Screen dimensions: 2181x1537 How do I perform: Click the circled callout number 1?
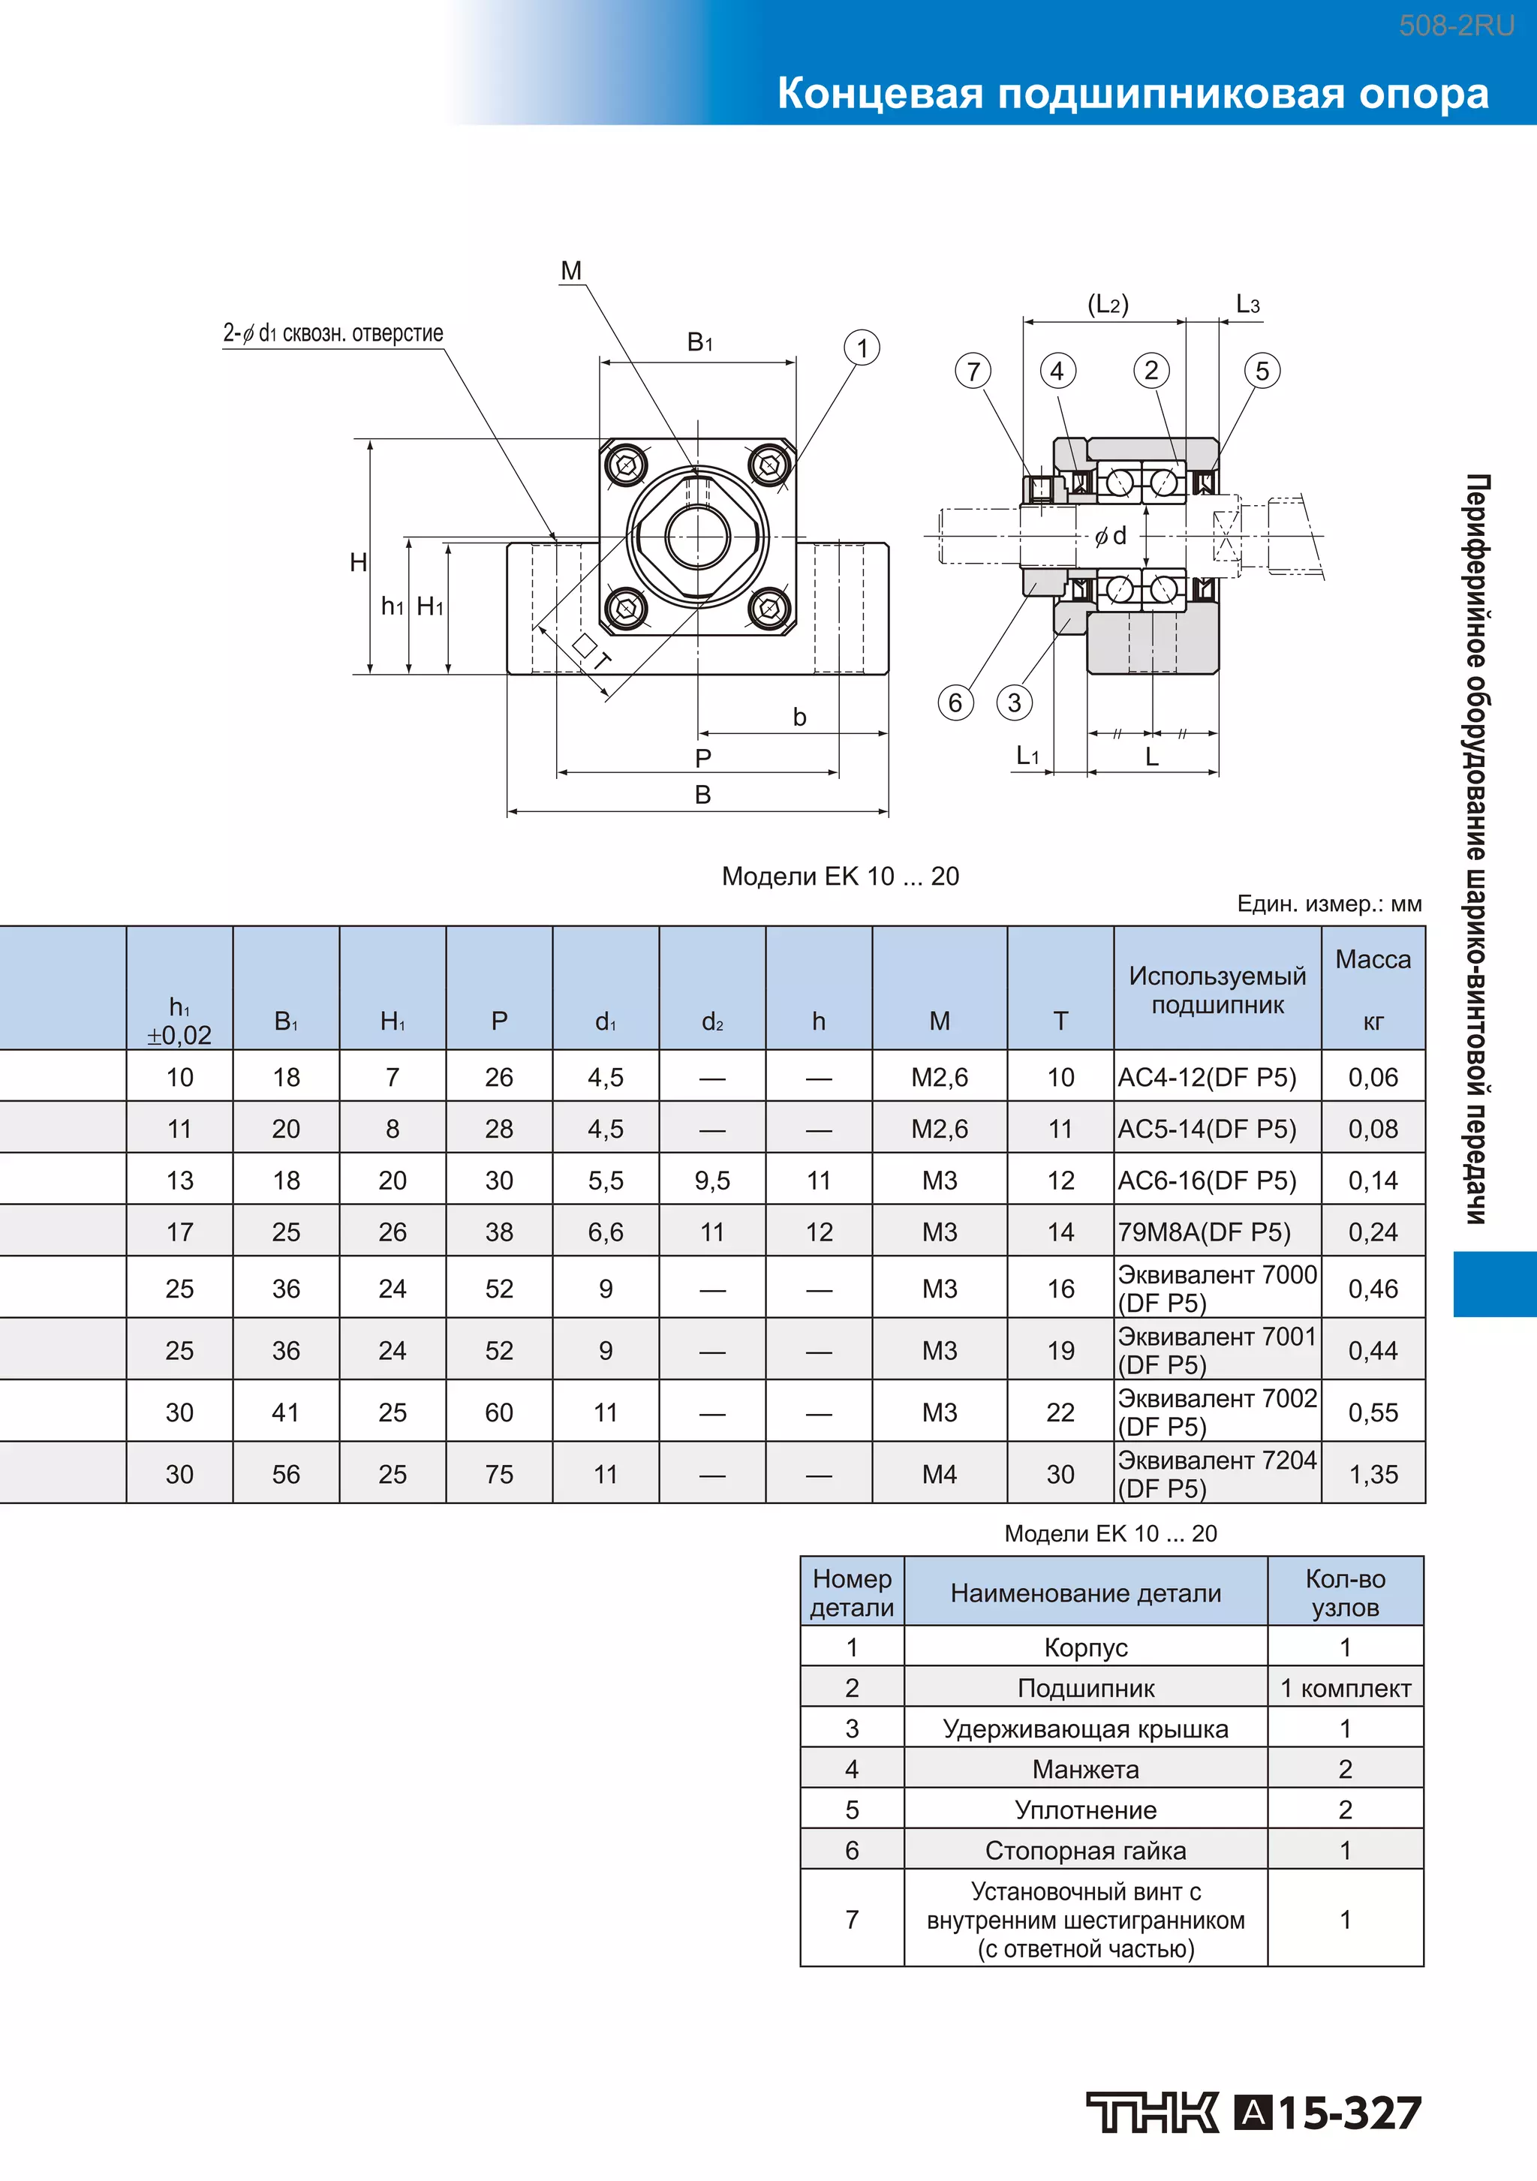pyautogui.click(x=862, y=347)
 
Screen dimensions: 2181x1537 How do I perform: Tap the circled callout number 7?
pyautogui.click(x=973, y=371)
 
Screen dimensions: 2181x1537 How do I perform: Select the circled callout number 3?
pyautogui.click(x=1015, y=703)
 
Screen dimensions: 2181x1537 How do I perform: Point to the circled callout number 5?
pyautogui.click(x=1262, y=371)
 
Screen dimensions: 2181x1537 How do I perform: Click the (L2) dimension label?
pyautogui.click(x=1108, y=304)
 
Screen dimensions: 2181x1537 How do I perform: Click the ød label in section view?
pyautogui.click(x=1111, y=536)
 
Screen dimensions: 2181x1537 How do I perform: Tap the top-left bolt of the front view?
pyautogui.click(x=626, y=465)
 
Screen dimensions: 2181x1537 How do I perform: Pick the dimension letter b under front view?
pyautogui.click(x=800, y=717)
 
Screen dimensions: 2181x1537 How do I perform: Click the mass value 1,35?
pyautogui.click(x=1373, y=1474)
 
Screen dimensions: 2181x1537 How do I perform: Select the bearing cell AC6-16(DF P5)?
pyautogui.click(x=1207, y=1180)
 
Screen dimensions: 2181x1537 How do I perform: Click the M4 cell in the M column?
pyautogui.click(x=939, y=1474)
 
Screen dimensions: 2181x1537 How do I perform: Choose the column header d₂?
pyautogui.click(x=712, y=1021)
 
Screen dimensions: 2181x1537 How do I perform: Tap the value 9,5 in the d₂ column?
pyautogui.click(x=712, y=1180)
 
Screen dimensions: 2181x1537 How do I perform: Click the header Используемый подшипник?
pyautogui.click(x=1217, y=990)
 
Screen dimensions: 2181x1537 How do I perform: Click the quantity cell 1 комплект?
pyautogui.click(x=1345, y=1688)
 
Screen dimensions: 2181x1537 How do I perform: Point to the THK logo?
pyautogui.click(x=1151, y=2113)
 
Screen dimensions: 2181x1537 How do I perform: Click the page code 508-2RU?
pyautogui.click(x=1456, y=26)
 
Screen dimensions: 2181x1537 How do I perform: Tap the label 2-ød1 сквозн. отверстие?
pyautogui.click(x=332, y=333)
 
